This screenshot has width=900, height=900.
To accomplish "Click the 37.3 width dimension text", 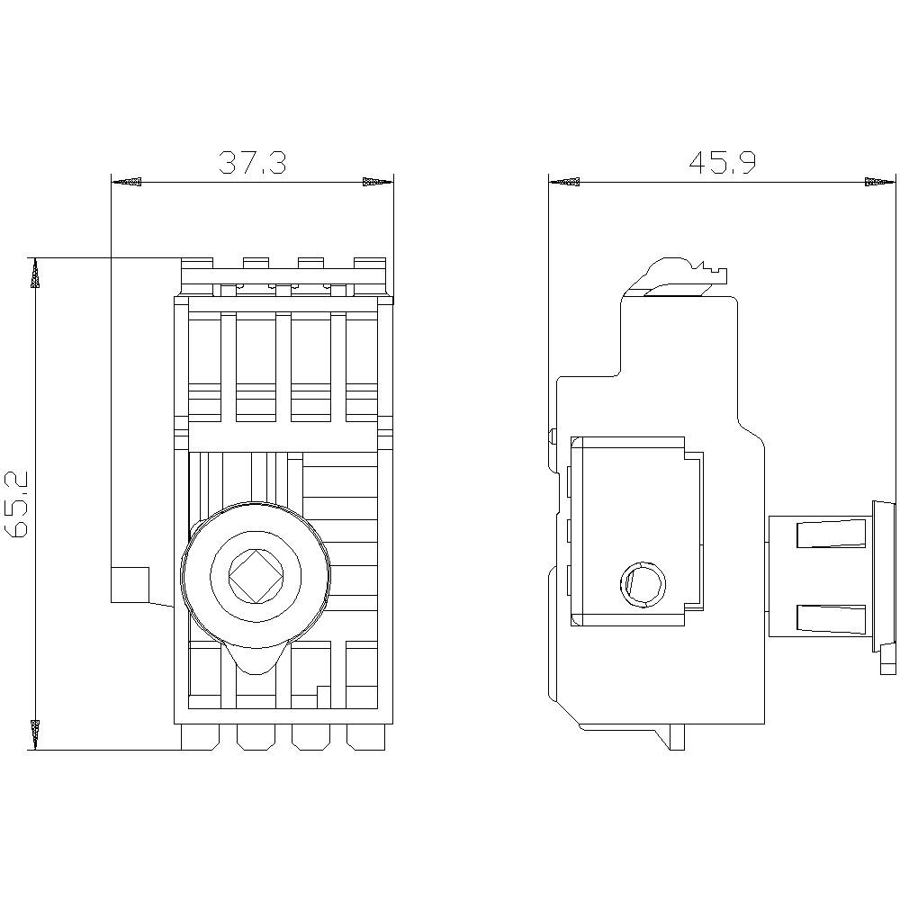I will [x=253, y=163].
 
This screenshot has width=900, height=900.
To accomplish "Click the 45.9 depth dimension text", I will [x=723, y=162].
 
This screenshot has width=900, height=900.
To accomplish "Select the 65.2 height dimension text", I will [x=19, y=503].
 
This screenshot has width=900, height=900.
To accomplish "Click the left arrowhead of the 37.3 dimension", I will [x=127, y=183].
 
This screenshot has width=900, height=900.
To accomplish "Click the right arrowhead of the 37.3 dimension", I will [x=377, y=183].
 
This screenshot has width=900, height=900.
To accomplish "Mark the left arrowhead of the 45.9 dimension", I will [x=564, y=183].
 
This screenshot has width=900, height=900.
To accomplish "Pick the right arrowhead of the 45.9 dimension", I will [x=881, y=183].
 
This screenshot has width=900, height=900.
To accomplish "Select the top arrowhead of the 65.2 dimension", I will [x=35, y=274].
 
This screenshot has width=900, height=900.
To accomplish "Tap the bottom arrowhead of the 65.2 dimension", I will [x=35, y=733].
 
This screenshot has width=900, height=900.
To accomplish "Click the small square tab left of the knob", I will [x=130, y=585].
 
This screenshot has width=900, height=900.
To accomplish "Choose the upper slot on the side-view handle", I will [x=829, y=535].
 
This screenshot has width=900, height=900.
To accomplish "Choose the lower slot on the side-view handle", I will [x=829, y=618].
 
